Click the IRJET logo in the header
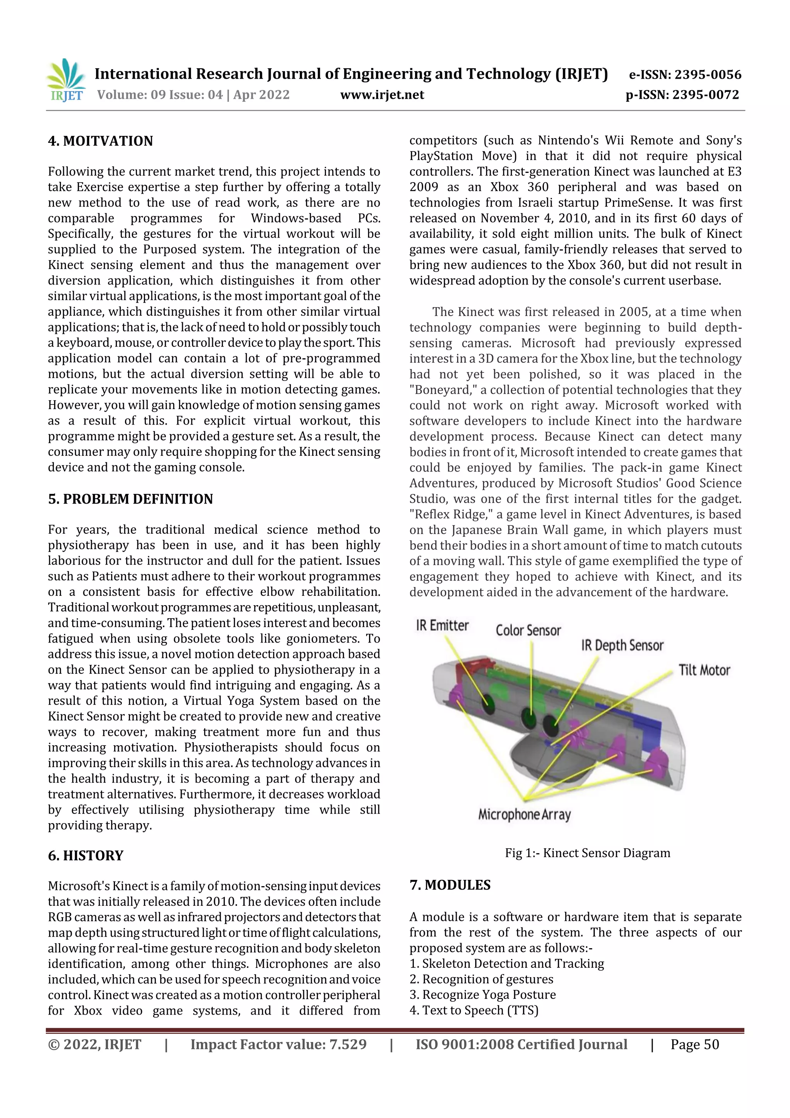(x=66, y=80)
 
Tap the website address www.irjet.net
(x=382, y=95)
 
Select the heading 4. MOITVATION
(x=100, y=141)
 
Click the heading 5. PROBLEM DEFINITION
(x=130, y=499)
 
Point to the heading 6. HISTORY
(x=86, y=856)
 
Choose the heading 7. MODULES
(x=450, y=885)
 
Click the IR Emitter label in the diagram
(x=442, y=626)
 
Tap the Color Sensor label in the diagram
(x=528, y=631)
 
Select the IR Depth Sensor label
(x=622, y=646)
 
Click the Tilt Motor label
(x=704, y=670)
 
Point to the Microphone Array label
(x=524, y=814)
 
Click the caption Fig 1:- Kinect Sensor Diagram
(x=587, y=853)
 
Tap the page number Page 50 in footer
(x=695, y=1044)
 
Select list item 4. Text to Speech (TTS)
(x=474, y=1010)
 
